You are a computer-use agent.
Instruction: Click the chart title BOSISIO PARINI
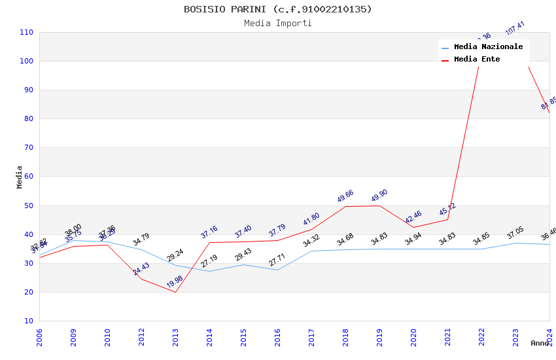277,9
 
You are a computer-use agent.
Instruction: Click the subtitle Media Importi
277,24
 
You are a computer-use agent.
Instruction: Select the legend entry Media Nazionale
488,47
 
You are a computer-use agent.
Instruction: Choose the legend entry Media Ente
477,60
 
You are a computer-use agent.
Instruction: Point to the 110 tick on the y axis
26,32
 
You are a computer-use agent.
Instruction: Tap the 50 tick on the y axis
29,206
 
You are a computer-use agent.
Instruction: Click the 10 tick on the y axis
29,321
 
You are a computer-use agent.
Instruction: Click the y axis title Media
20,177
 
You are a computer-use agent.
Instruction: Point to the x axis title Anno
540,343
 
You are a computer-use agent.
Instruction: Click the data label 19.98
175,282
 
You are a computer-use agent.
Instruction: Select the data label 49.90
379,196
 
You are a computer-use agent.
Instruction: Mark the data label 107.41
515,29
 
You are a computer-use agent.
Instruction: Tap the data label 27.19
209,261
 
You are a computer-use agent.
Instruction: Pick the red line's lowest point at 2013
175,292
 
